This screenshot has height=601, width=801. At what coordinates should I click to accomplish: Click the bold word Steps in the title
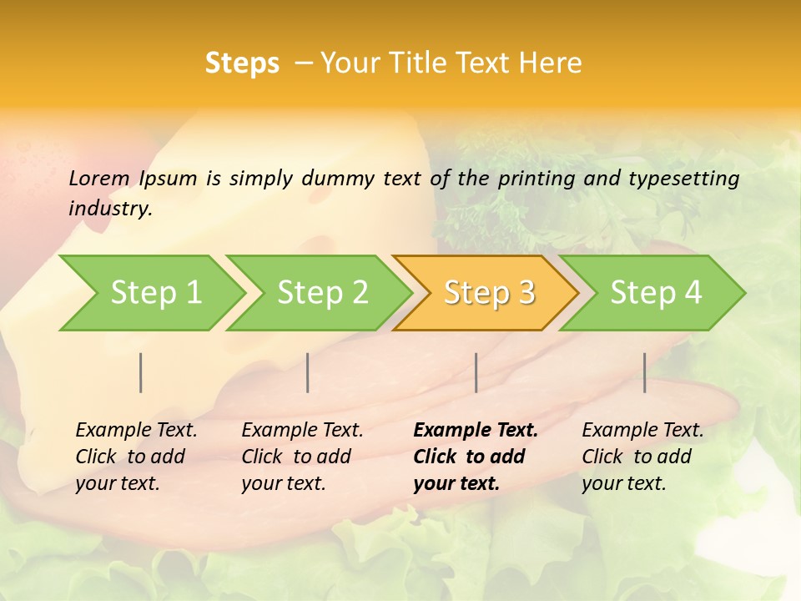point(242,63)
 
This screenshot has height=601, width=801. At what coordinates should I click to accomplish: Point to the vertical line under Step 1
point(141,372)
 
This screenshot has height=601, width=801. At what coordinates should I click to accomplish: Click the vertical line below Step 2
point(308,372)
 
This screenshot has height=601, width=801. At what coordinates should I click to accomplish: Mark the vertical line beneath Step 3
point(476,372)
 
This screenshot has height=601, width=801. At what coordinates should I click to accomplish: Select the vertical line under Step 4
point(644,372)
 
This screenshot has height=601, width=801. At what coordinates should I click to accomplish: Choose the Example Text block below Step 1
point(136,456)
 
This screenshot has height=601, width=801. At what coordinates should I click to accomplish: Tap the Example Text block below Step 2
point(302,456)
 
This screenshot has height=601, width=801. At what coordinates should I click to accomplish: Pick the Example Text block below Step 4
point(642,456)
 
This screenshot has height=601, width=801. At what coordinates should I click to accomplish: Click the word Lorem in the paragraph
point(98,178)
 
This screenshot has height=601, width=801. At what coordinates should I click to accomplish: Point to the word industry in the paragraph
point(109,208)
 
